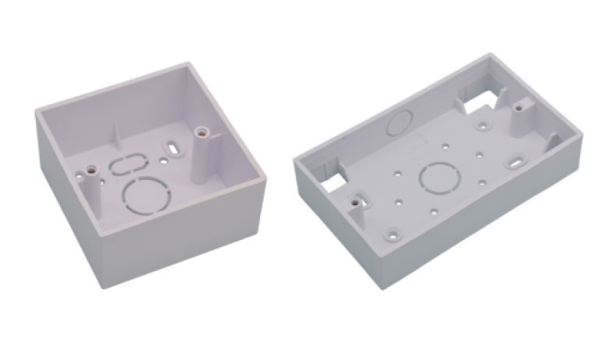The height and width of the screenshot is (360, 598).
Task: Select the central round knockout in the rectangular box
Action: click(438, 178)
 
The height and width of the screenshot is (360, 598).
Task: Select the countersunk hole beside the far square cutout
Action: click(484, 123)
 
